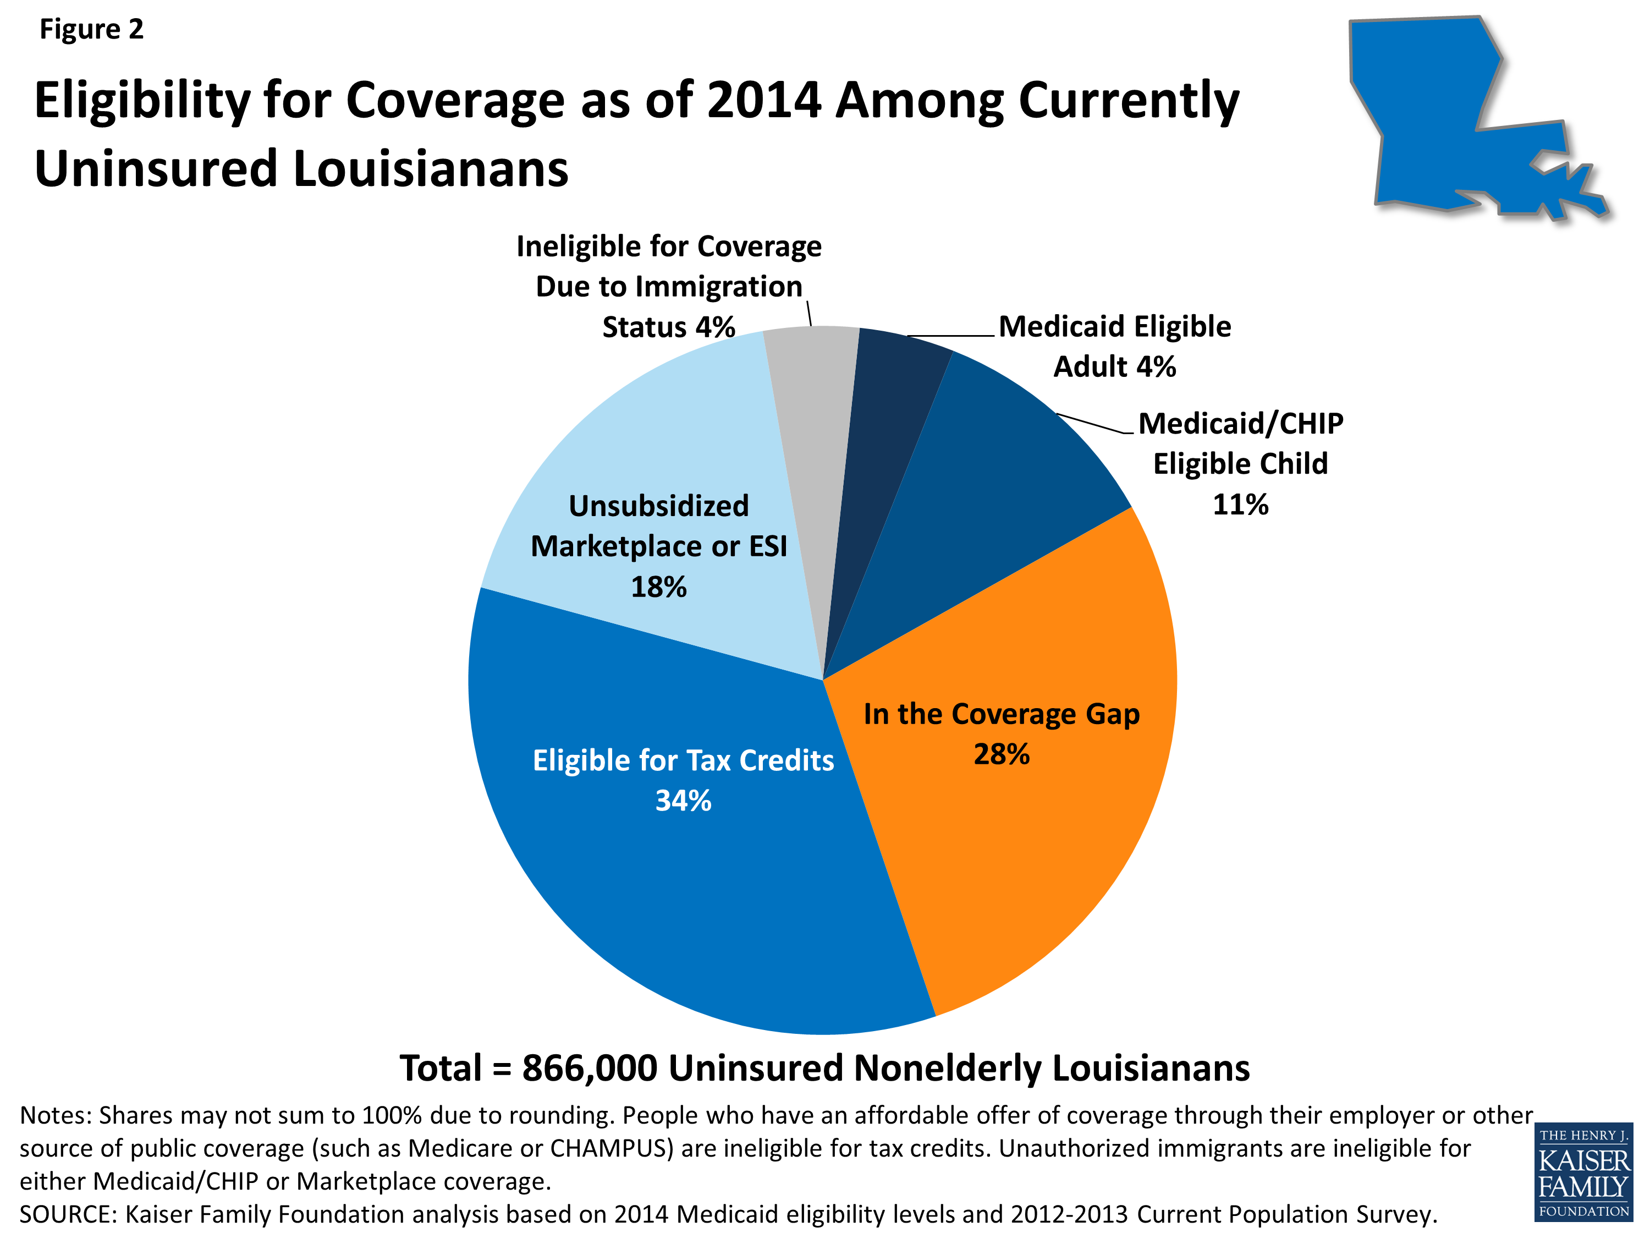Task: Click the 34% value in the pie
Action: click(683, 801)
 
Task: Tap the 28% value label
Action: click(1001, 754)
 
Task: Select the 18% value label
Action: click(659, 587)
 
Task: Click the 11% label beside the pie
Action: click(1240, 505)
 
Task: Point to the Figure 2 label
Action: click(91, 29)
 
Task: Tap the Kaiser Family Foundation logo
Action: click(1583, 1173)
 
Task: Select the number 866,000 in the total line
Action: click(589, 1068)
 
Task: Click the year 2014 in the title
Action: click(764, 100)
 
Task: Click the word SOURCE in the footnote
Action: click(68, 1214)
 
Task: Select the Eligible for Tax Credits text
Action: click(683, 760)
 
